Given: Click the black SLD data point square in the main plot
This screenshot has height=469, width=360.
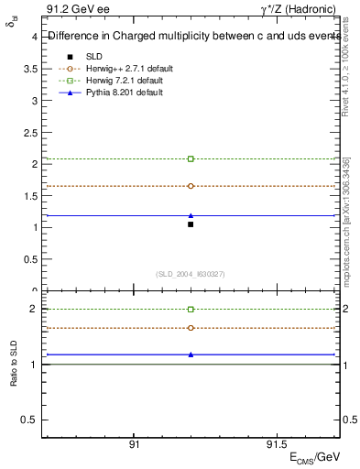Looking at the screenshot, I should [191, 224].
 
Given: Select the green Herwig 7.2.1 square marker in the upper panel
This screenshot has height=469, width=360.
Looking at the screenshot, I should [191, 158].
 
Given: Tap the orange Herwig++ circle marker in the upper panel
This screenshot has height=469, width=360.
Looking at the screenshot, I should [191, 186].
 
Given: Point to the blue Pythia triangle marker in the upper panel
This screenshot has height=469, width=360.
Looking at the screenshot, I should [191, 215].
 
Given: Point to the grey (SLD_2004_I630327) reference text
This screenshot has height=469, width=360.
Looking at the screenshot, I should [191, 274].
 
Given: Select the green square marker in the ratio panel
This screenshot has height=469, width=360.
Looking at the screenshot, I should [191, 310].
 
